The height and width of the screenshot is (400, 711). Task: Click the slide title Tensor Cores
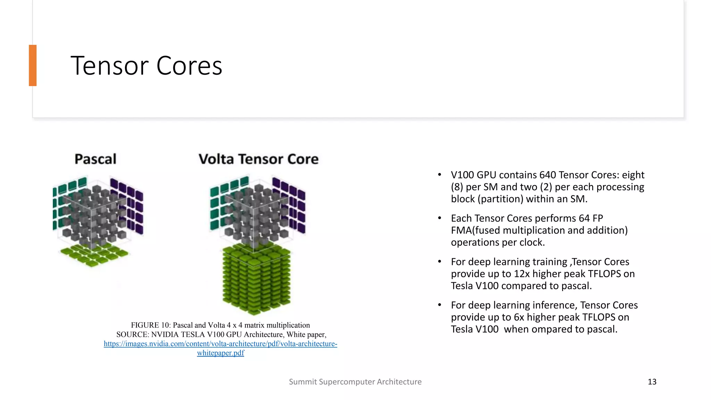[x=146, y=66]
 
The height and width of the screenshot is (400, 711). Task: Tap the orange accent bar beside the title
[x=33, y=65]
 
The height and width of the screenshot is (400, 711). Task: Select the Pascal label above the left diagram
[x=95, y=159]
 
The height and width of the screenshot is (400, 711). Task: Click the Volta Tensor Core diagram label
[x=258, y=159]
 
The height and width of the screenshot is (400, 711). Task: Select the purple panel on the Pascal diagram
[x=128, y=205]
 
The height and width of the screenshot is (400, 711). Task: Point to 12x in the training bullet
[x=522, y=274]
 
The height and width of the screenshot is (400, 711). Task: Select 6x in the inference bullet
[x=519, y=317]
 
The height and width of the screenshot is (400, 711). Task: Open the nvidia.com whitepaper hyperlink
[x=220, y=344]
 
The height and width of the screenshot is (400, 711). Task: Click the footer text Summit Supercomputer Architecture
[x=355, y=382]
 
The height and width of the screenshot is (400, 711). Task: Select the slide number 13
[x=652, y=382]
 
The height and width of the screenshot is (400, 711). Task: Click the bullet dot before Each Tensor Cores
[x=440, y=218]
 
